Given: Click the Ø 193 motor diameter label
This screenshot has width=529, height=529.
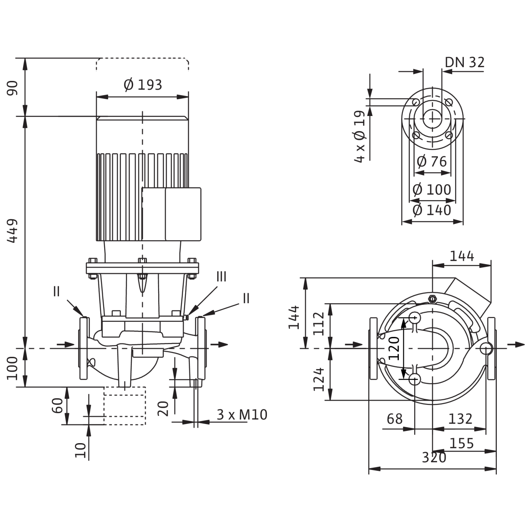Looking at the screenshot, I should tap(142, 85).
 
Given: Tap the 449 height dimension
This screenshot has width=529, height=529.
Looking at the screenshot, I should tap(13, 231).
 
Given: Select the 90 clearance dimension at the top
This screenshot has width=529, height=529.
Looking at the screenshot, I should tap(13, 87).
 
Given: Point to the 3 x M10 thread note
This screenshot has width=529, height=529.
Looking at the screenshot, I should tap(242, 415).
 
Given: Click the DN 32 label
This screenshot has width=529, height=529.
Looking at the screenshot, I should tap(465, 62).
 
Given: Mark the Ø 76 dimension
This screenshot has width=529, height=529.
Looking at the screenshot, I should tap(432, 162).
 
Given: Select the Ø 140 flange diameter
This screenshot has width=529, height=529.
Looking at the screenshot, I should tap(432, 210).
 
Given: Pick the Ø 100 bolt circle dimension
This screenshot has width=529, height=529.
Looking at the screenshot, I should tap(432, 190).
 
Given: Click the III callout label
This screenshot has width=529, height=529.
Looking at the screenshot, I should tap(221, 277).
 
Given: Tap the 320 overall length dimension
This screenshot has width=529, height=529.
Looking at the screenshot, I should tap(434, 457).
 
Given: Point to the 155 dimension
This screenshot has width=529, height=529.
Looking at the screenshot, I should tap(462, 443).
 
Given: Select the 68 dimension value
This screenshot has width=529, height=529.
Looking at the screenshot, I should tap(394, 419).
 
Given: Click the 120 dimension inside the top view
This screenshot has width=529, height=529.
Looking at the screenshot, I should tap(394, 348).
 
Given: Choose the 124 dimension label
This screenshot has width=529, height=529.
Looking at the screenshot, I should tap(319, 379).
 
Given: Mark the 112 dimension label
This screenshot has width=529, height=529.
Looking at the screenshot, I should tap(319, 323).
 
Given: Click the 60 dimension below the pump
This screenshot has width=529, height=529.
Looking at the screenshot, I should tap(57, 406).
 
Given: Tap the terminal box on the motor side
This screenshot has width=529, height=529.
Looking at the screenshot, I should tap(171, 214).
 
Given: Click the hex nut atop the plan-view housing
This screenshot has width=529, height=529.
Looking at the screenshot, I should tap(432, 299).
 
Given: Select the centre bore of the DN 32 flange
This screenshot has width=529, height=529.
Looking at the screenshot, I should tap(432, 118).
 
